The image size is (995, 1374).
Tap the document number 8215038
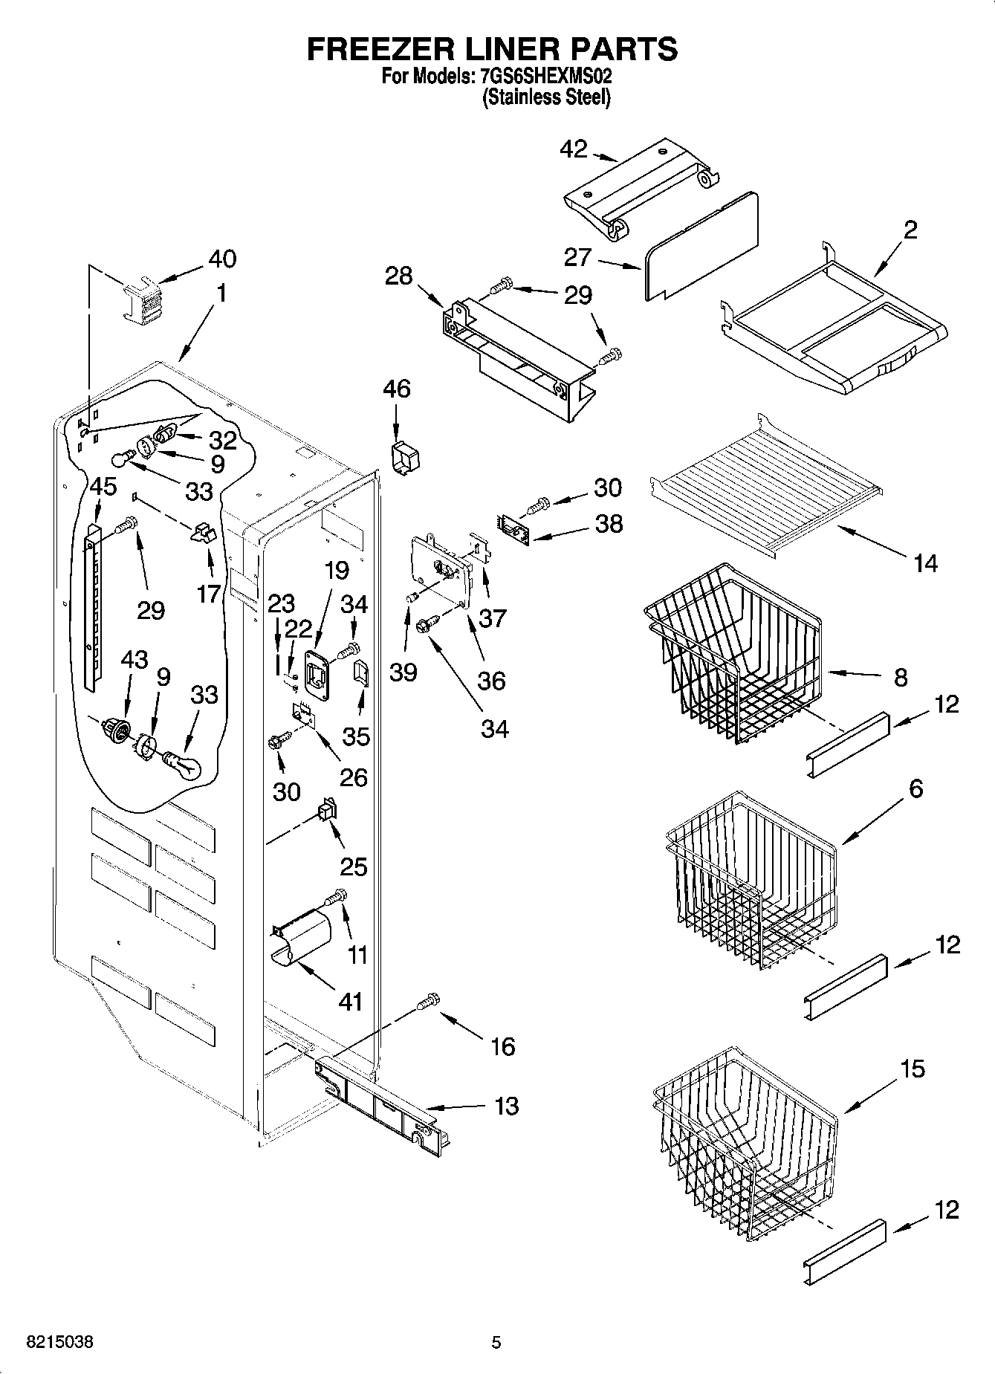pyautogui.click(x=60, y=1342)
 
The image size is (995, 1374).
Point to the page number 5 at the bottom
pyautogui.click(x=496, y=1342)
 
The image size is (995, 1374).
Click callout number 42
pyautogui.click(x=573, y=149)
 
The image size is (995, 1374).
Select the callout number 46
pyautogui.click(x=397, y=389)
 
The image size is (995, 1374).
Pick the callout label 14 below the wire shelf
pyautogui.click(x=925, y=563)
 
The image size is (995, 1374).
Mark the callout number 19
pyautogui.click(x=336, y=570)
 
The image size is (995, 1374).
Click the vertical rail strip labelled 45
pyautogui.click(x=91, y=606)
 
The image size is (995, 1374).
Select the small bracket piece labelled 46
pyautogui.click(x=403, y=456)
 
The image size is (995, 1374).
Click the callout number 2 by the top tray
pyautogui.click(x=910, y=230)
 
